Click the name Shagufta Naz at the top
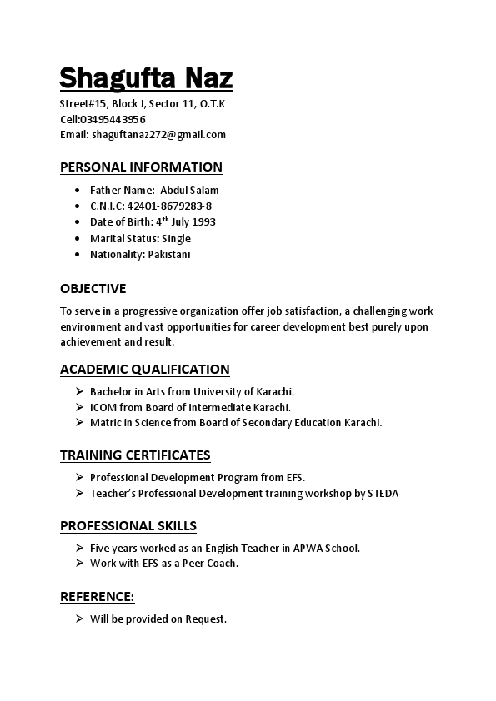click(x=146, y=79)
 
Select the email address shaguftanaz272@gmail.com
click(x=159, y=134)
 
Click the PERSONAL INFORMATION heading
click(x=141, y=167)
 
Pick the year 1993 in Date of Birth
click(x=203, y=222)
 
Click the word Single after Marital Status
click(x=176, y=238)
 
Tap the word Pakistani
click(x=169, y=254)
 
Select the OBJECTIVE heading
click(x=93, y=289)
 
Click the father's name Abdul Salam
click(x=189, y=190)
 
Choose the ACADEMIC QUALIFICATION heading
click(x=144, y=370)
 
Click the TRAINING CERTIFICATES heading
click(x=135, y=455)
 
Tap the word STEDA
click(x=383, y=493)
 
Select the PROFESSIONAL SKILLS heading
click(x=128, y=526)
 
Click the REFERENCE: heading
click(x=97, y=597)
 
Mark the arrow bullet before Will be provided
click(x=78, y=619)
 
